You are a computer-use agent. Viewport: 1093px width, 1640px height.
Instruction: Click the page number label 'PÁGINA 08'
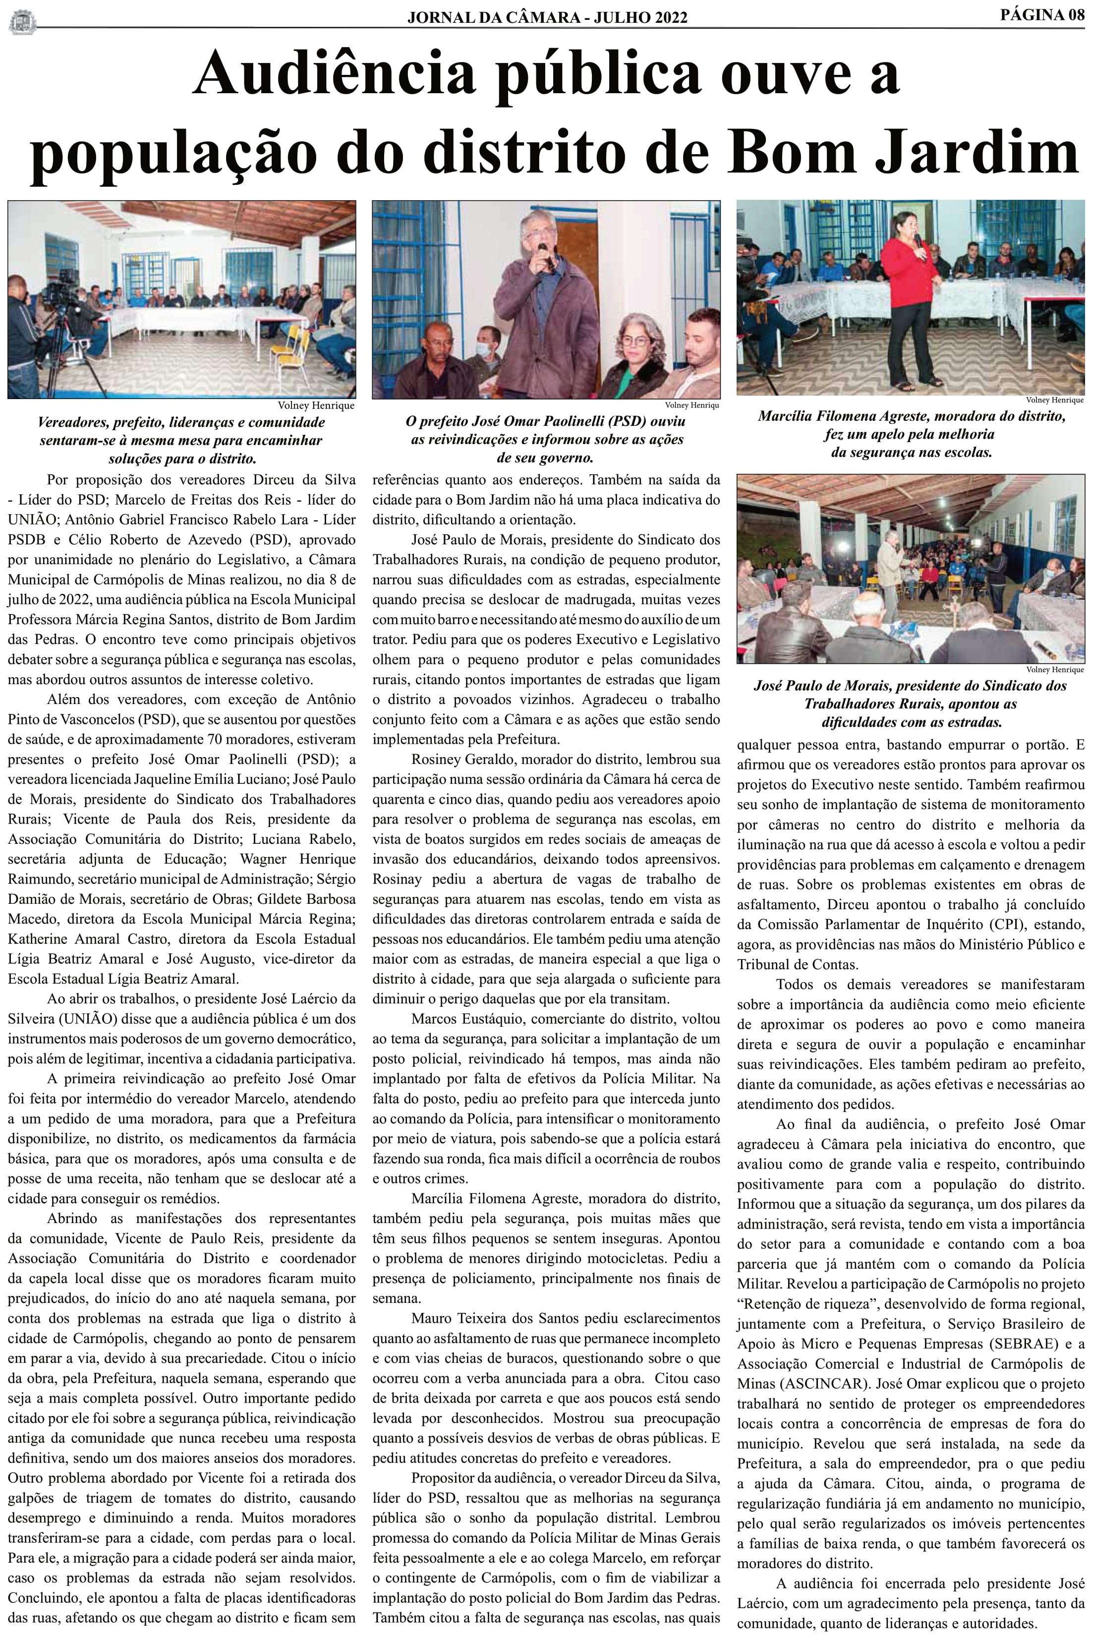[1042, 16]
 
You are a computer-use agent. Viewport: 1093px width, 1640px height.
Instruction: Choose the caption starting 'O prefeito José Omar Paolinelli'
[545, 439]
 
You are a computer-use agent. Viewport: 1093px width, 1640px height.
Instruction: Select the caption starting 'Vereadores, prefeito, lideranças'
[181, 441]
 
